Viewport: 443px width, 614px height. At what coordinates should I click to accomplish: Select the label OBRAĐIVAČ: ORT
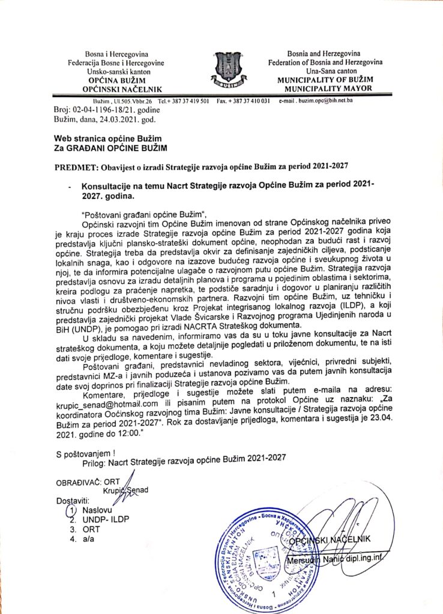point(89,481)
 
